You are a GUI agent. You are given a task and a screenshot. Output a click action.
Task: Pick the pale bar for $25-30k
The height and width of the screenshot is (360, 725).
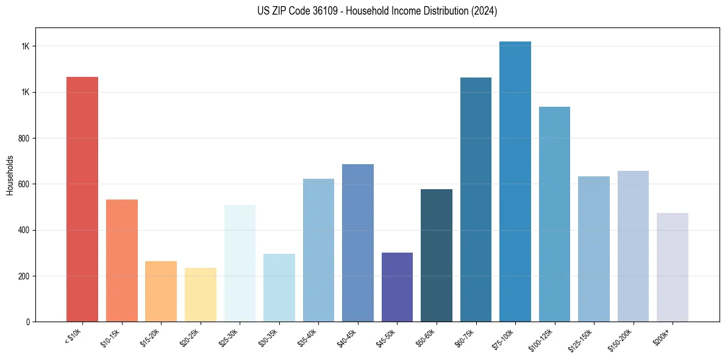pyautogui.click(x=240, y=263)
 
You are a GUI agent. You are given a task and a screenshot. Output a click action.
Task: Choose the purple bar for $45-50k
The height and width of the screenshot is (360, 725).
pyautogui.click(x=397, y=287)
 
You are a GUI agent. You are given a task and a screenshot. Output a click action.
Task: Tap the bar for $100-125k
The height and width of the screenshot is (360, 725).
pyautogui.click(x=554, y=214)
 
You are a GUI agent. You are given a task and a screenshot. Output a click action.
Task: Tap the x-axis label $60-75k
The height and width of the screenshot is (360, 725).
pyautogui.click(x=468, y=337)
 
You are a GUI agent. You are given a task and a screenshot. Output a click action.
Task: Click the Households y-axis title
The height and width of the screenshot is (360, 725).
pyautogui.click(x=10, y=175)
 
